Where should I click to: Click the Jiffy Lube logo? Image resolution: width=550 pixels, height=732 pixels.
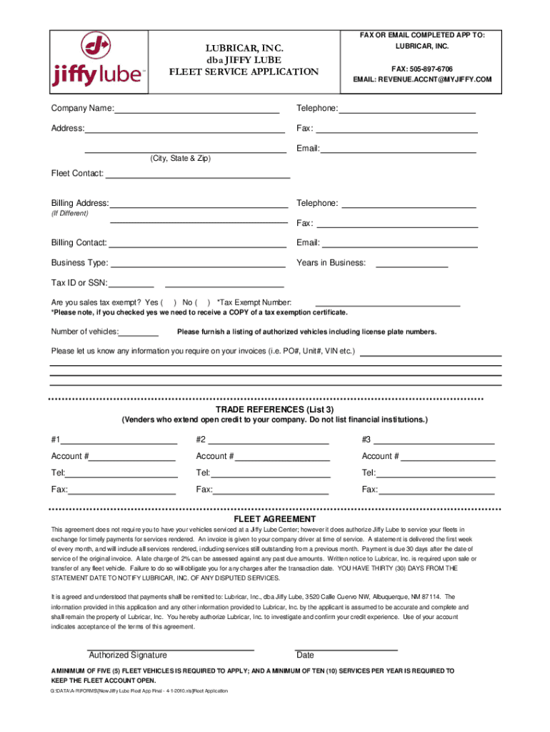tap(99, 63)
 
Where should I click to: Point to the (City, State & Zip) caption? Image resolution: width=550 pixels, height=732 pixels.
tap(180, 158)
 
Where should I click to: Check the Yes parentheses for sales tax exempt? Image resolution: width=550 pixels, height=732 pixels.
tap(169, 302)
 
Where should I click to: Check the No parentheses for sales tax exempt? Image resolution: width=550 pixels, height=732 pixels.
tap(202, 302)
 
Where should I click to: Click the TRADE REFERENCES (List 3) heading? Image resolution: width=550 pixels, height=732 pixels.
tap(275, 410)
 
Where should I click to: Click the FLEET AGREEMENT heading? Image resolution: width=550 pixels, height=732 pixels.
tap(275, 519)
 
